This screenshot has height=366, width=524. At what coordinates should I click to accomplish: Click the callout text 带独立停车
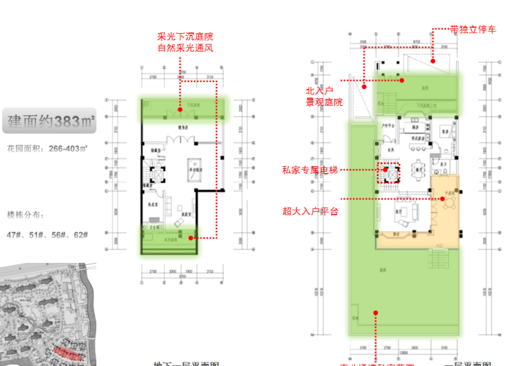click(473, 30)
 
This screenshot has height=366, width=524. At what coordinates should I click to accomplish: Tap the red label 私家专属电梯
click(310, 170)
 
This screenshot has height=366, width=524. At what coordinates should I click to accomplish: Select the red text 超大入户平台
click(310, 211)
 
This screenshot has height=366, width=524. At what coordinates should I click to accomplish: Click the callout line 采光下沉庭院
click(185, 36)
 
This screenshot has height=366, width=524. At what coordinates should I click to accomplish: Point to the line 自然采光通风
click(185, 48)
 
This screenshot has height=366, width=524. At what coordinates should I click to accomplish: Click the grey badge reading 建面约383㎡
click(49, 122)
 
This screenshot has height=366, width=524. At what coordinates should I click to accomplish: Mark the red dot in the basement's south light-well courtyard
click(191, 238)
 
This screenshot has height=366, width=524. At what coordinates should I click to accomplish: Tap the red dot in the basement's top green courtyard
click(180, 110)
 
